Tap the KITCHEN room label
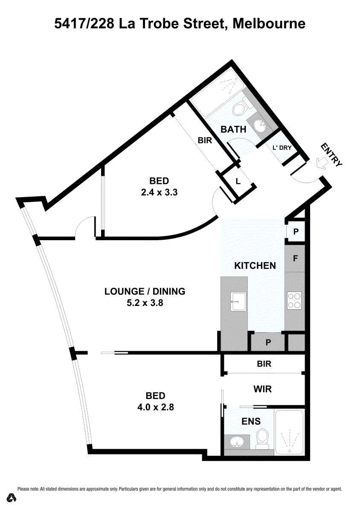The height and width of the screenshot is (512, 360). coord(255,265)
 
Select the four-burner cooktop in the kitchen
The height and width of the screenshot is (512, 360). coord(294,300)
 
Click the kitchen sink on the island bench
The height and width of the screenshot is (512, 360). coord(238,301)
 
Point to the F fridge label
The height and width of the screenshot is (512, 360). coord(295,258)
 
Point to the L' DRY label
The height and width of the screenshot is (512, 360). coord(282,148)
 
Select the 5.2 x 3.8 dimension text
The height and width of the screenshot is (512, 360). coord(145,303)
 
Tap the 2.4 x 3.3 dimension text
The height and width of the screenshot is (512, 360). coord(160,192)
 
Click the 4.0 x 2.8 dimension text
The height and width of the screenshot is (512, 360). coord(156,407)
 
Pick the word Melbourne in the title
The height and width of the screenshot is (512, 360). coord(269,24)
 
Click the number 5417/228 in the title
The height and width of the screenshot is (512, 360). coord(84,24)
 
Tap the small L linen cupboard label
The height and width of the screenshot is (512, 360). coord(238,181)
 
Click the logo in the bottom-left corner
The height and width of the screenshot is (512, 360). coord(12,498)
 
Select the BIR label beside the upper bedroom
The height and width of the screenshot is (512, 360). coord(205,140)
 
